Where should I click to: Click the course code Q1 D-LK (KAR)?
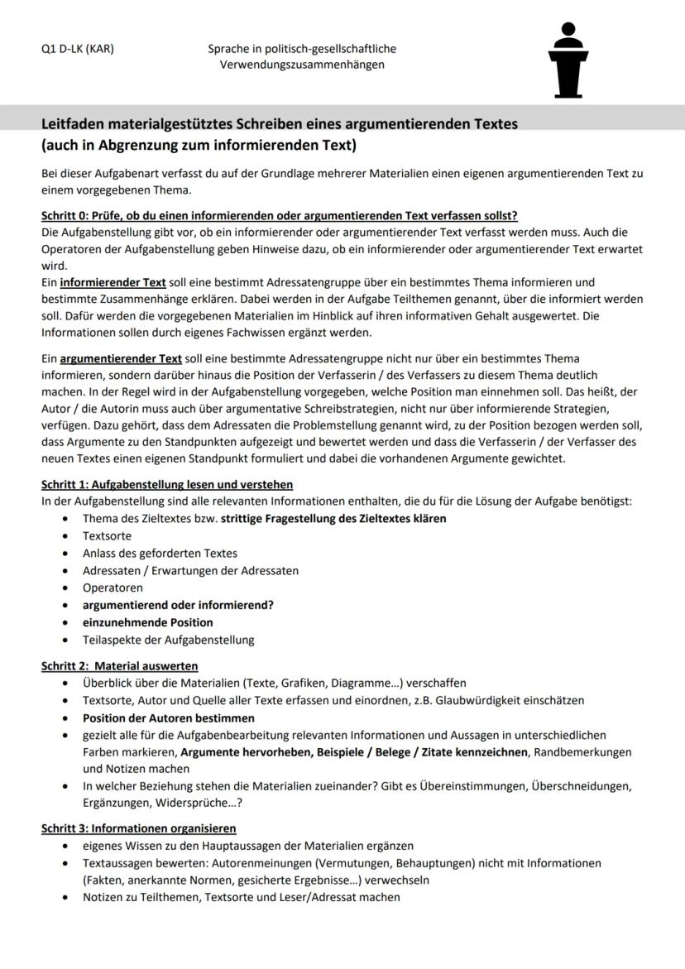coord(78,49)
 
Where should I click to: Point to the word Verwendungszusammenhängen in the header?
coord(302,65)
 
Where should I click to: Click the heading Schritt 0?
coord(279,216)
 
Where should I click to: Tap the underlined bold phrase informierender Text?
coord(113,282)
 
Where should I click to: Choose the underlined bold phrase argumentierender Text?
coord(121,358)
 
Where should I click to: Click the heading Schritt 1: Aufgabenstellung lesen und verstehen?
coord(167,484)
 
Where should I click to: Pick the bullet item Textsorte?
coord(107,535)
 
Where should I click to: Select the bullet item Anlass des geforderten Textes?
coord(160,553)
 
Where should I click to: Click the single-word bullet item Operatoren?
coord(113,588)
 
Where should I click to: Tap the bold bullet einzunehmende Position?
coord(147,622)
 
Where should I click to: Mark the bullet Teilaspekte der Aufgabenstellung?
coord(168,640)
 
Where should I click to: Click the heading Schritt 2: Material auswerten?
coord(119,665)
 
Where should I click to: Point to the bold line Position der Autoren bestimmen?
coord(168,717)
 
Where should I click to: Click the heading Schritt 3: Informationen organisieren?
coord(138,828)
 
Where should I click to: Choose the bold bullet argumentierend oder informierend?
coord(178,605)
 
